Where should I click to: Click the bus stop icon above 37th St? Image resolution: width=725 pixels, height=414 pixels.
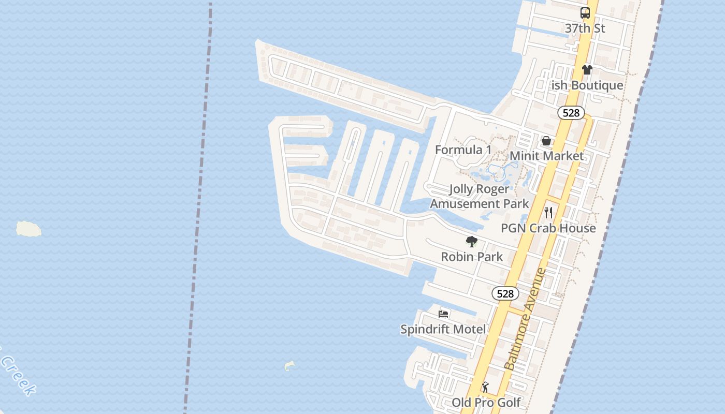(585, 13)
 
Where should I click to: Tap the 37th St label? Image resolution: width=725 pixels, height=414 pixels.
(585, 28)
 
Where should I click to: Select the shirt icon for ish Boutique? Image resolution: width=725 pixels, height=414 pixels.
(587, 70)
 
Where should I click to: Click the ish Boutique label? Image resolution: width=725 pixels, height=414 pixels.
(587, 85)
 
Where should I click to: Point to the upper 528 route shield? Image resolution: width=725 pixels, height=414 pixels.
(571, 113)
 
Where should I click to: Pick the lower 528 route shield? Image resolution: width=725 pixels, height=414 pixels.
(505, 294)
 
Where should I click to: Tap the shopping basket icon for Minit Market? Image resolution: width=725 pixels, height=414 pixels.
(546, 141)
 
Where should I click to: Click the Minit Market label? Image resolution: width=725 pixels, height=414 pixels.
(546, 156)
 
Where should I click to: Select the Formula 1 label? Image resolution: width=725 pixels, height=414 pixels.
(463, 150)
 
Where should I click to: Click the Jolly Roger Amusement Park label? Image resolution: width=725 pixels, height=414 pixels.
(480, 197)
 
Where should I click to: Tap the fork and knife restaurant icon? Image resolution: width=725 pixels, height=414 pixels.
(548, 213)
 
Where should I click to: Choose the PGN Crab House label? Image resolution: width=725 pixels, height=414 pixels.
(548, 228)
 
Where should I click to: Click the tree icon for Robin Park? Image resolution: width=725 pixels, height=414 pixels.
(471, 241)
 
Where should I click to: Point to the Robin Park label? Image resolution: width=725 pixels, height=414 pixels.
(472, 257)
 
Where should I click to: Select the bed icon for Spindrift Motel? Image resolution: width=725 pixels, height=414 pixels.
(443, 314)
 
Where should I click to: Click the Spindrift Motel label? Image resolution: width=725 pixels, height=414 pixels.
(443, 329)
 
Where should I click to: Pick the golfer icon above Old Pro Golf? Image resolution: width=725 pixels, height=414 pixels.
(485, 387)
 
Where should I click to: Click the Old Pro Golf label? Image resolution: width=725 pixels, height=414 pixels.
(486, 403)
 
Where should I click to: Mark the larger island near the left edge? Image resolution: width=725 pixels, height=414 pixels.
(28, 229)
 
